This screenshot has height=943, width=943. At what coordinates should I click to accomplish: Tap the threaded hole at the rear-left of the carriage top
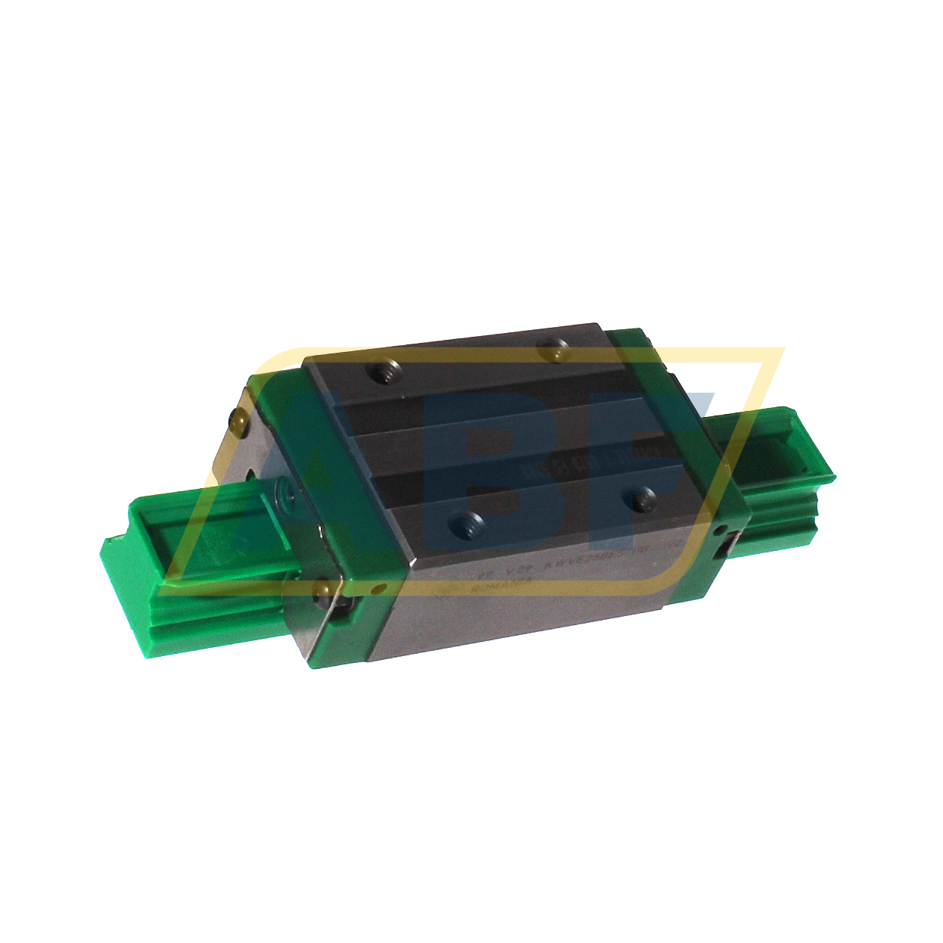click(382, 373)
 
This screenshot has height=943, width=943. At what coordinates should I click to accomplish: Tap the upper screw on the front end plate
click(239, 418)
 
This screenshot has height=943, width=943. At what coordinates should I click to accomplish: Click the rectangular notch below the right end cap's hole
click(731, 545)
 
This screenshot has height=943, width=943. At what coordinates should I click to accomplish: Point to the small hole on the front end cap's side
click(375, 589)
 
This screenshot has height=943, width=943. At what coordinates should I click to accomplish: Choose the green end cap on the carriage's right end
click(681, 424)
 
